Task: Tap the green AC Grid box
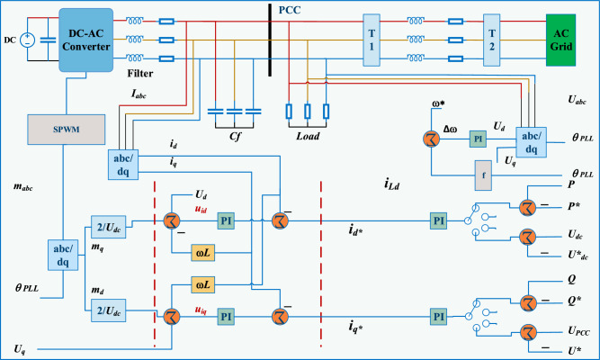pos(560,39)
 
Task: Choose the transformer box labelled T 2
pos(491,39)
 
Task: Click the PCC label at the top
pos(292,10)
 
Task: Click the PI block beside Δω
pos(478,139)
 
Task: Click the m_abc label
pos(24,187)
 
